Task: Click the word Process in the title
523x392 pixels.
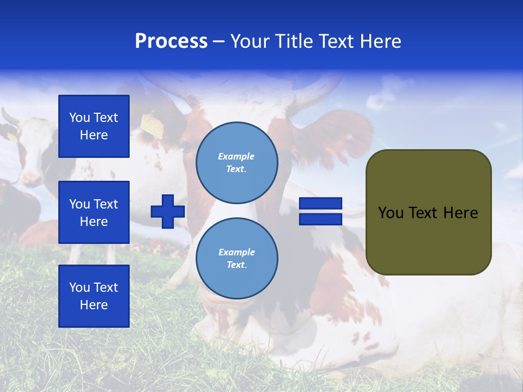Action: coord(171,41)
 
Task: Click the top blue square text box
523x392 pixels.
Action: coord(94,126)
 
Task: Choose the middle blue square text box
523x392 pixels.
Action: coord(94,212)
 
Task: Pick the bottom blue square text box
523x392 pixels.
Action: coord(94,296)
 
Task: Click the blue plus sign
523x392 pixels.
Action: coord(168,211)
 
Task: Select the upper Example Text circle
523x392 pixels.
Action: coord(236,163)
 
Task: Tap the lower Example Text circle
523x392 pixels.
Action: coord(236,259)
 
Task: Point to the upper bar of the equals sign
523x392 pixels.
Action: coord(320,204)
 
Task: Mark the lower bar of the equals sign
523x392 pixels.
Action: coord(320,219)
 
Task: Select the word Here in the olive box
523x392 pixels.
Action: coord(460,213)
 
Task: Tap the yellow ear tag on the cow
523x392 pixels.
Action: coord(153,126)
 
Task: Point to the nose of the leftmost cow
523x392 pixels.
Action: coord(30,177)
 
